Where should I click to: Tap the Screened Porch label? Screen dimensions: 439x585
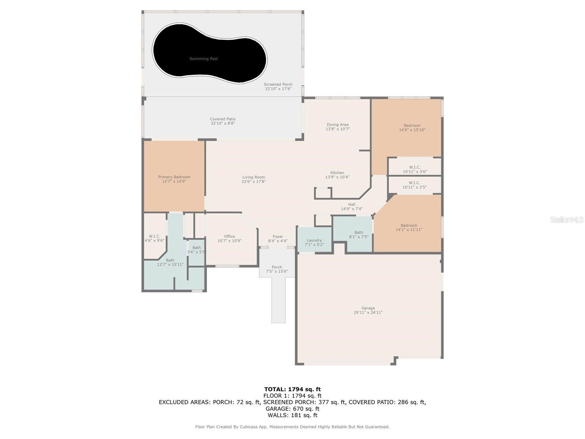click(278, 85)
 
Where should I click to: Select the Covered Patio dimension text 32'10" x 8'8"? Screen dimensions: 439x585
click(223, 124)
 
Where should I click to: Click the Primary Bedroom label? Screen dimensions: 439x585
click(174, 177)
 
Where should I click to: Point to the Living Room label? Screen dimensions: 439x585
click(253, 177)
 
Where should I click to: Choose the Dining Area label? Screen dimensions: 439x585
click(337, 125)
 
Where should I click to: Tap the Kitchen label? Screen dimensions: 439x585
click(337, 173)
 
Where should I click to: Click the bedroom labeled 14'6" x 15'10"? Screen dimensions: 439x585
click(412, 127)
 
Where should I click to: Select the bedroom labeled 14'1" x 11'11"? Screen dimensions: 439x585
click(409, 228)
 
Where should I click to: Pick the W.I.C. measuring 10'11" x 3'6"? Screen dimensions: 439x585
click(415, 169)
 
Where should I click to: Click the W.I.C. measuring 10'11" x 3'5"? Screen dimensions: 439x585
click(414, 185)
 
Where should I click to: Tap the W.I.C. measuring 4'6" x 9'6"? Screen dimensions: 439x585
click(154, 238)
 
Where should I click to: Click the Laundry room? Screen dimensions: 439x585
click(314, 242)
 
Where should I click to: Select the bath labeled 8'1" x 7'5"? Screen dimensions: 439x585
click(359, 234)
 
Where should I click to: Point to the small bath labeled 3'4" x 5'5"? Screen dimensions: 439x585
click(197, 250)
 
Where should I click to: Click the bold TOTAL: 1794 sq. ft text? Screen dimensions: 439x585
click(292, 389)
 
